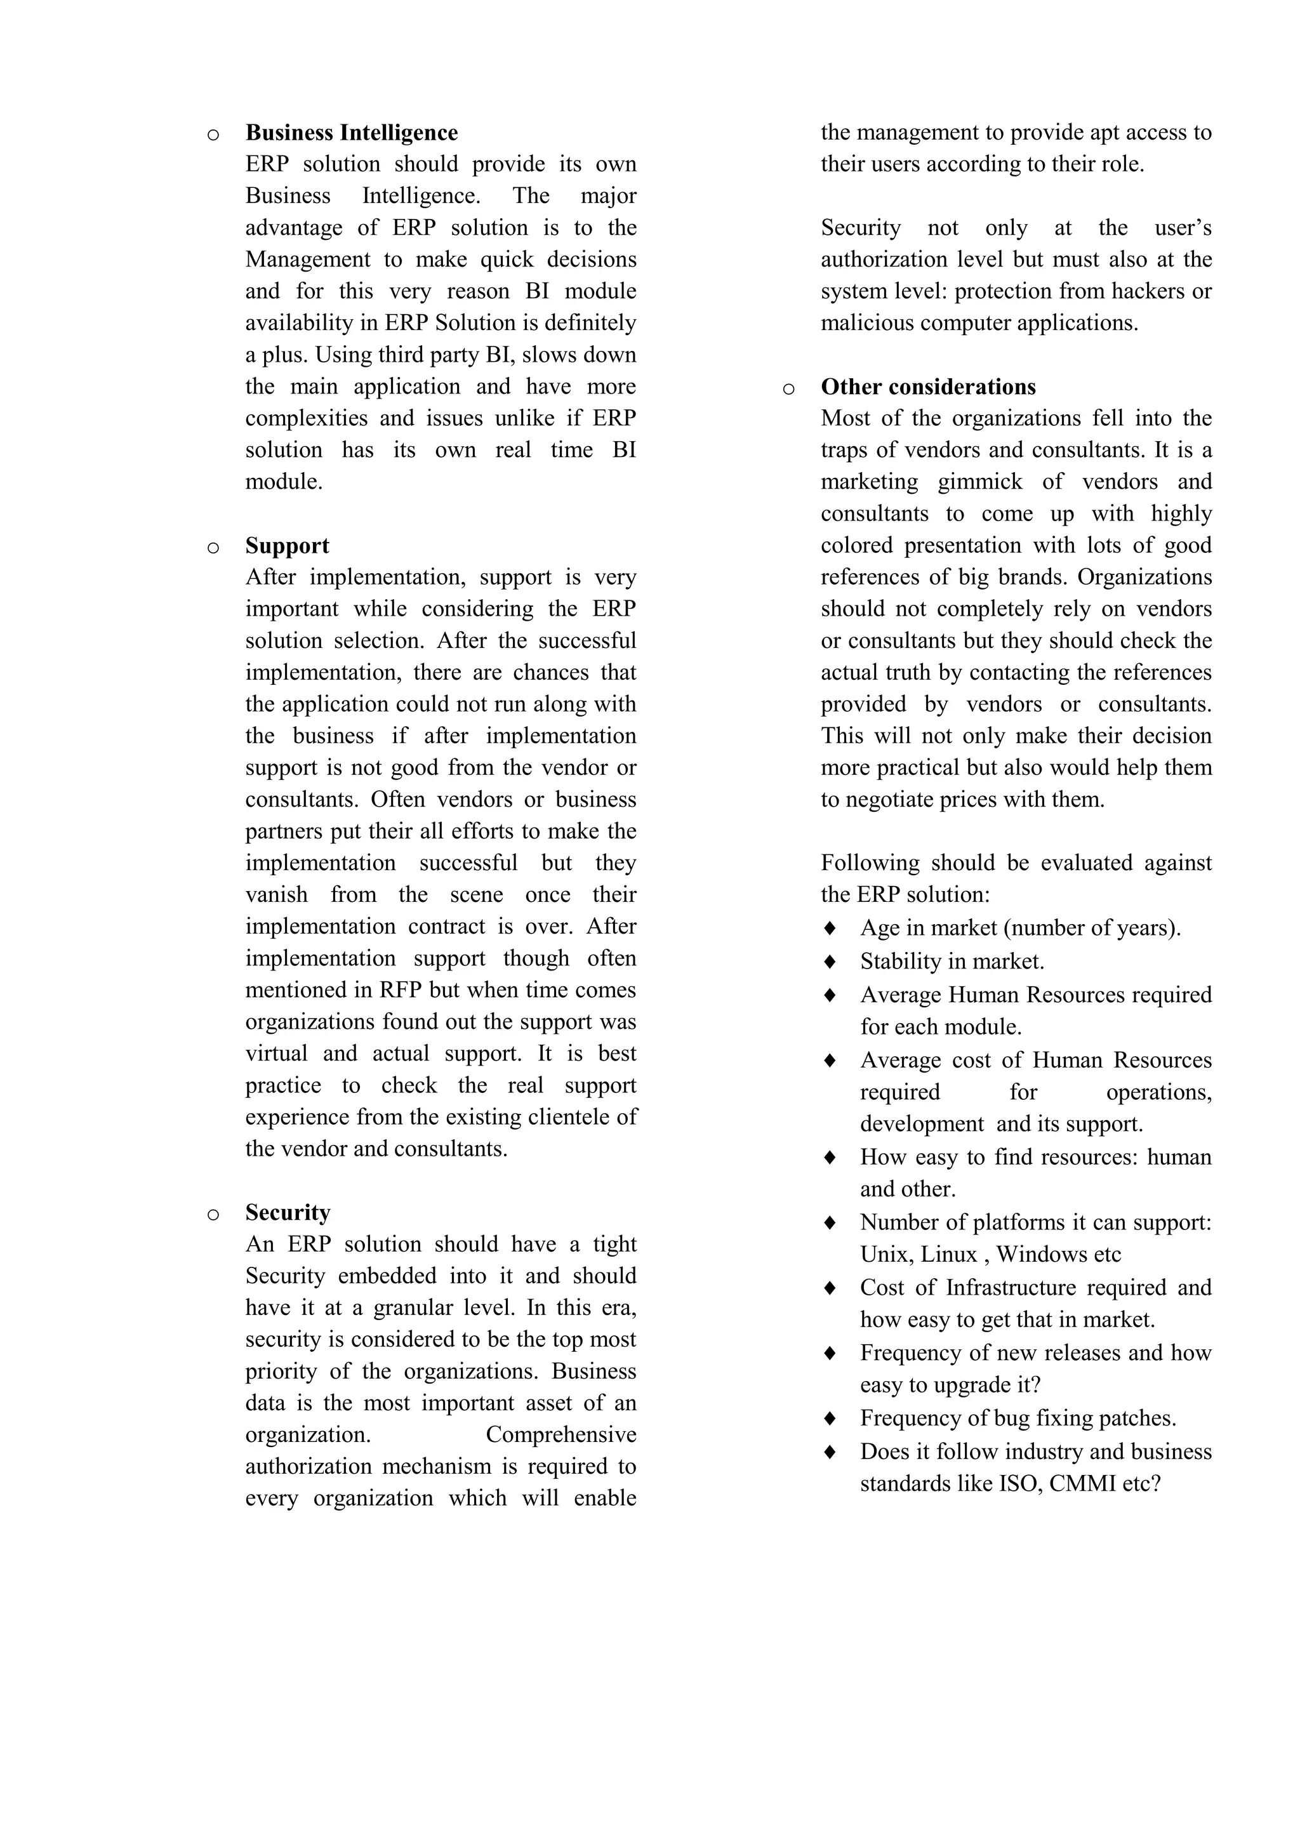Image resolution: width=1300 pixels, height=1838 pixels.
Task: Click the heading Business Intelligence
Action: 352,133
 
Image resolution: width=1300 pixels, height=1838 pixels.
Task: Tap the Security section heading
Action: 288,1213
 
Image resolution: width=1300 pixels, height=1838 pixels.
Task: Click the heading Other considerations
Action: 928,387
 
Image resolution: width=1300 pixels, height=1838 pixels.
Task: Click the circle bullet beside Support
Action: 213,548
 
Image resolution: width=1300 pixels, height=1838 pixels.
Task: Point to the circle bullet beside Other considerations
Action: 788,390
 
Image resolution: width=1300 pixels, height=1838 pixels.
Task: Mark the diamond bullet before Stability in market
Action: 830,962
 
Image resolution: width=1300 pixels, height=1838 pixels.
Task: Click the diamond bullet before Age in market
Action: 830,928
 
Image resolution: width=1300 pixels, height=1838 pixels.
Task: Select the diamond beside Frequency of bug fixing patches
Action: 830,1418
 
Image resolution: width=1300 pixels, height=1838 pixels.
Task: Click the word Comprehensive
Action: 560,1436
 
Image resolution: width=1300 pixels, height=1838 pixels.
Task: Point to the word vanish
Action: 276,895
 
